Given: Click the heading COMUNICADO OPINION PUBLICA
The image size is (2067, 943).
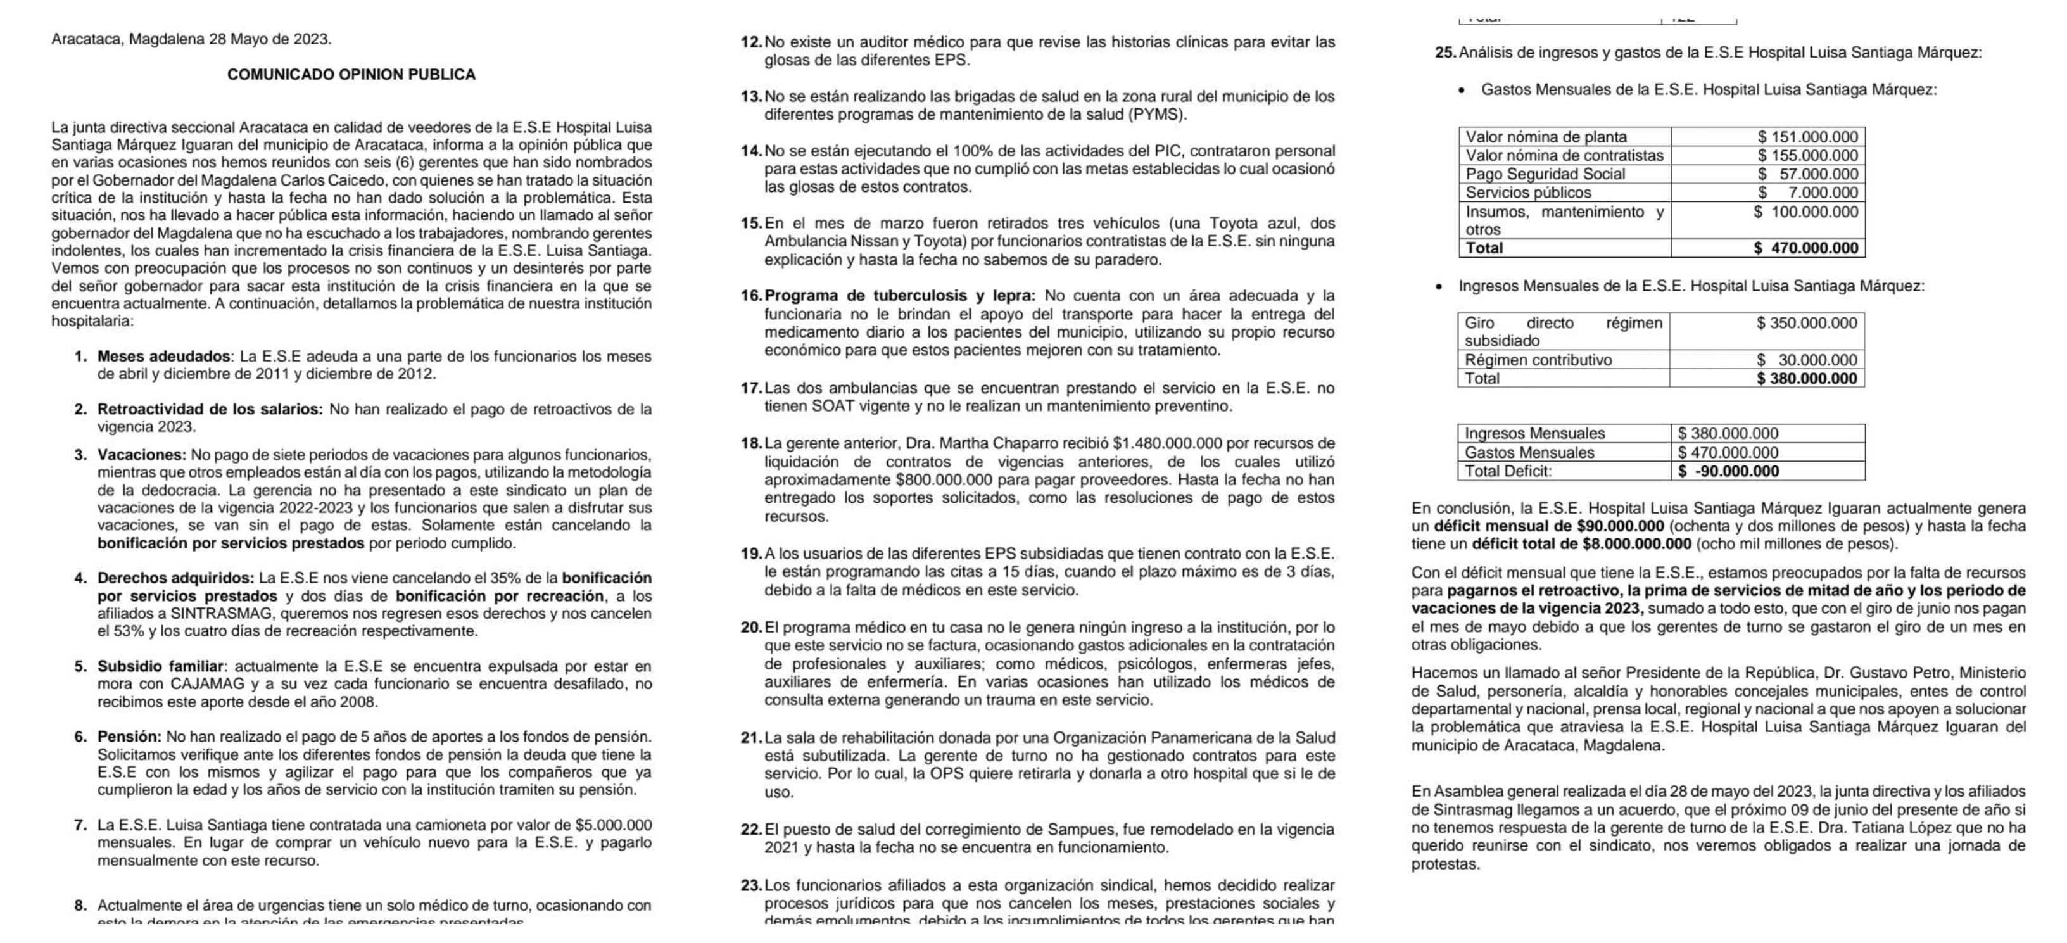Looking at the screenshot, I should (351, 75).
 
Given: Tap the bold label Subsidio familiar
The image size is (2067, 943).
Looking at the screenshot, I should (160, 666).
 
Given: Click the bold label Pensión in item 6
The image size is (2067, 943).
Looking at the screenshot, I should (129, 737).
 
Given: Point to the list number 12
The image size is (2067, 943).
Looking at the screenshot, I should (750, 42).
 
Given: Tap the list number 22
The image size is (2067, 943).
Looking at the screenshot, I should (750, 829).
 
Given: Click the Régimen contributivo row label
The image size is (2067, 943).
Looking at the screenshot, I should (1538, 360).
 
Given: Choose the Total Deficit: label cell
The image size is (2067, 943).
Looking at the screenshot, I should (1508, 471).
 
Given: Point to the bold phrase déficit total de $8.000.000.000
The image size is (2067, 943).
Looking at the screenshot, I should (1581, 544).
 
